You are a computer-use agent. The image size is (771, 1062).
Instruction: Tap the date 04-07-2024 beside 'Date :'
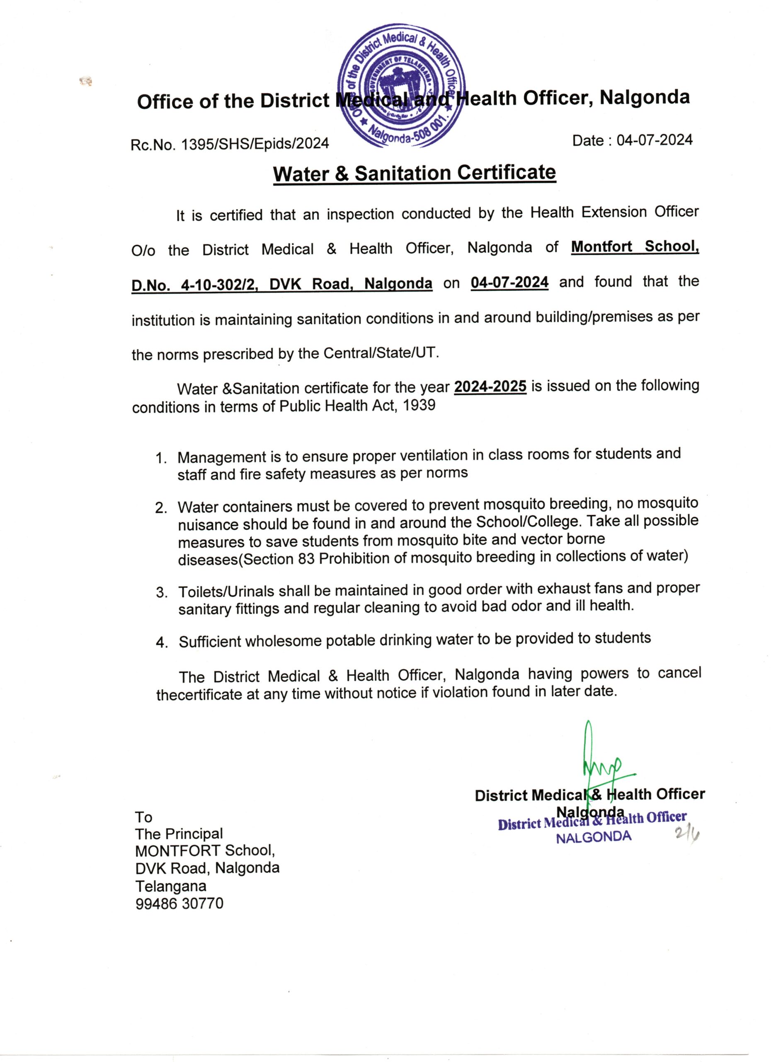pos(654,140)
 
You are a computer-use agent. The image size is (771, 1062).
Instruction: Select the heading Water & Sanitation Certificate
pos(415,173)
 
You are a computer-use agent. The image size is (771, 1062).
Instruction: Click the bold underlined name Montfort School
pos(634,246)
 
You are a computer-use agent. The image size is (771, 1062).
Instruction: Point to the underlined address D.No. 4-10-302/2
pos(195,285)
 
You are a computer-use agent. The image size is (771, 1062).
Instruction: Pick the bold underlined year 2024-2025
pos(490,387)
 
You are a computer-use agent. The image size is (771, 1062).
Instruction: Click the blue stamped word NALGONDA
pos(593,837)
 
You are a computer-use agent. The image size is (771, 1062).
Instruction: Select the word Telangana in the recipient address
pos(171,886)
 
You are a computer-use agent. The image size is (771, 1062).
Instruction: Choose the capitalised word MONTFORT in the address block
pos(178,851)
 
